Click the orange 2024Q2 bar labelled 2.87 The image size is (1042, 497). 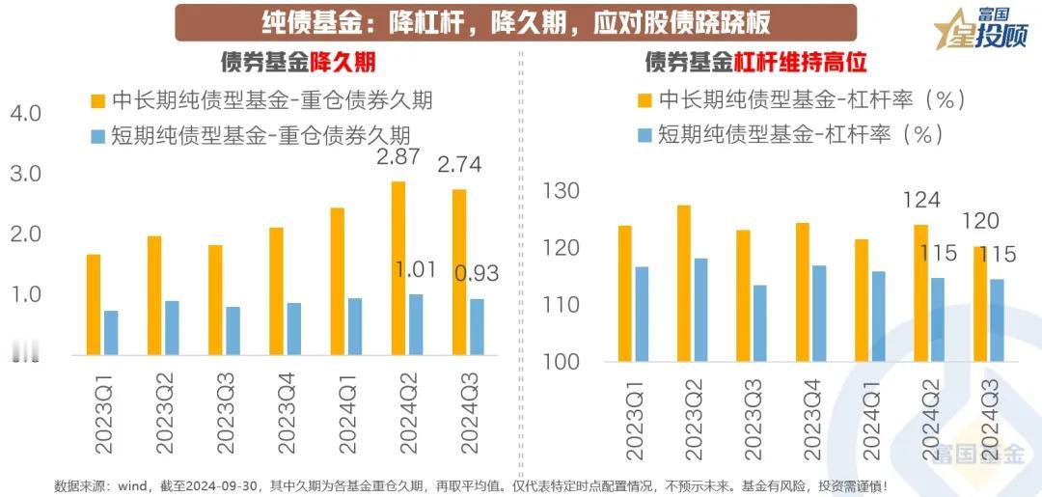coord(398,267)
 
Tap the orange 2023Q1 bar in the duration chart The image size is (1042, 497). coord(94,304)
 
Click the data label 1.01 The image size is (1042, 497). coord(418,269)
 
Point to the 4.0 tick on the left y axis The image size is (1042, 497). coord(26,114)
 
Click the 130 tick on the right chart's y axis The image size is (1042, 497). coord(561,191)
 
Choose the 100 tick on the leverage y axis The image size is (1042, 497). coord(561,362)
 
